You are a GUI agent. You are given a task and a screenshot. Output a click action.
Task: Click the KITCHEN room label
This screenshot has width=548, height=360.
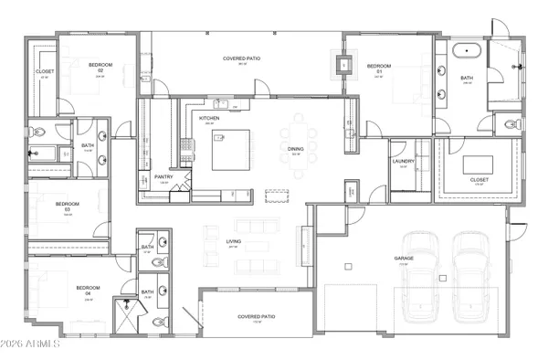[x=209, y=119]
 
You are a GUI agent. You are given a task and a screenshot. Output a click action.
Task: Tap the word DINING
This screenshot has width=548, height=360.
[x=295, y=151]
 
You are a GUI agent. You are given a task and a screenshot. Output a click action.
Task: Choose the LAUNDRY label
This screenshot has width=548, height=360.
[x=404, y=162]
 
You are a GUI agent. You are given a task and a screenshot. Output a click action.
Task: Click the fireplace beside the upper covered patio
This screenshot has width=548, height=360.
[x=343, y=64]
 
